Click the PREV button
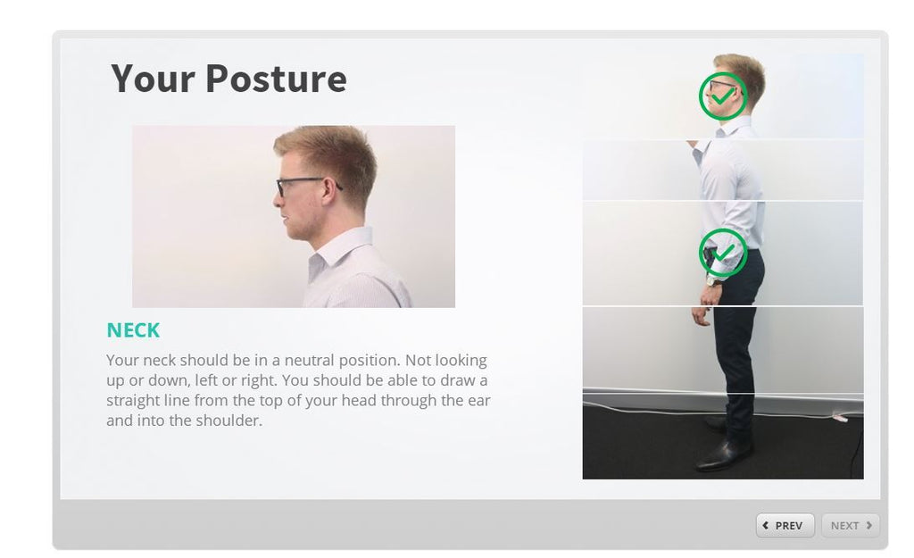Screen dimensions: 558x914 785,526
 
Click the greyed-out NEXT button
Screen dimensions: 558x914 850,526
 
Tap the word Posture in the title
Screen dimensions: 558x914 276,79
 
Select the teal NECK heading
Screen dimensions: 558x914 133,330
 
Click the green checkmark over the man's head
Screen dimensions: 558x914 722,96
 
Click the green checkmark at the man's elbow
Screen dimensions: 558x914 722,253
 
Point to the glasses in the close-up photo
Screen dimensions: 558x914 299,185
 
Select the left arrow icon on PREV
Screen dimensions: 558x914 766,526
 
